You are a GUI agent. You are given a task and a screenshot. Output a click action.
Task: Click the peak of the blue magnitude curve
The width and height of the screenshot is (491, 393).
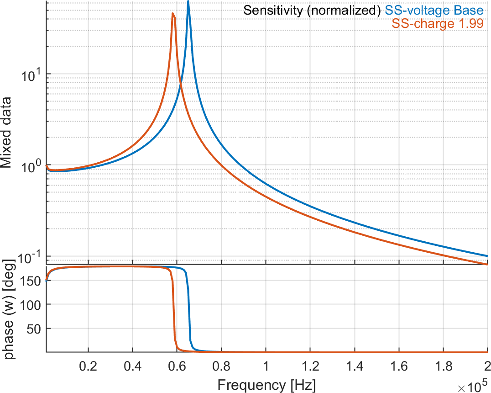click(x=188, y=2)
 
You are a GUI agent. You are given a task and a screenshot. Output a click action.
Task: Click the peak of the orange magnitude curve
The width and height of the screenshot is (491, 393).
click(x=172, y=13)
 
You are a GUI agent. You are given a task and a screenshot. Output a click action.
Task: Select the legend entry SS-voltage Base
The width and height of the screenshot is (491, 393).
click(x=434, y=10)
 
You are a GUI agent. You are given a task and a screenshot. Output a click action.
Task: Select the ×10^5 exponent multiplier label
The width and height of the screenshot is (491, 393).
click(x=472, y=387)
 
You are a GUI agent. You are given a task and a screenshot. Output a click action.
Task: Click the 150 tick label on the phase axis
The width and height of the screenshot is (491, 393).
click(x=32, y=280)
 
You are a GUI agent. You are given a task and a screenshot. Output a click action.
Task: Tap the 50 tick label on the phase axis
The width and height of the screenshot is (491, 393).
click(x=35, y=328)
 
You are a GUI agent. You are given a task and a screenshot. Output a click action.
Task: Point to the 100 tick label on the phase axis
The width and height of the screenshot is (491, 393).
click(x=32, y=304)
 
